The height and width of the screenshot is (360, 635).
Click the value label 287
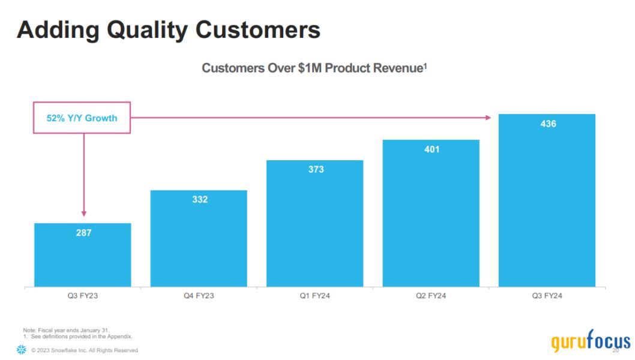coord(83,233)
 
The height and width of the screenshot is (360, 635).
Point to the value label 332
coord(200,200)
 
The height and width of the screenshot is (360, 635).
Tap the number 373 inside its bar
coord(316,170)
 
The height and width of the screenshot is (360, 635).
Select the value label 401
coord(432,149)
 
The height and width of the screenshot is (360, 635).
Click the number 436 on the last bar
coord(548,124)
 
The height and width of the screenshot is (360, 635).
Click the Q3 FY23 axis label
coord(83,296)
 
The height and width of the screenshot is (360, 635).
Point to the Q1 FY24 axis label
coord(315,296)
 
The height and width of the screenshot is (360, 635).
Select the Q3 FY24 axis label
coord(547,296)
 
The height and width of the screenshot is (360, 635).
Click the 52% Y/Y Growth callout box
coord(82,118)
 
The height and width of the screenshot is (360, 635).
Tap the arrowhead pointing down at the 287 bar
coord(84,212)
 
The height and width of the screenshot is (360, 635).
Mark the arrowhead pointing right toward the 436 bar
coord(488,118)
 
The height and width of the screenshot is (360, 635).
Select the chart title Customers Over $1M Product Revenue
coord(313,68)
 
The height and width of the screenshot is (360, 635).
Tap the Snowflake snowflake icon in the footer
coord(22,350)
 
